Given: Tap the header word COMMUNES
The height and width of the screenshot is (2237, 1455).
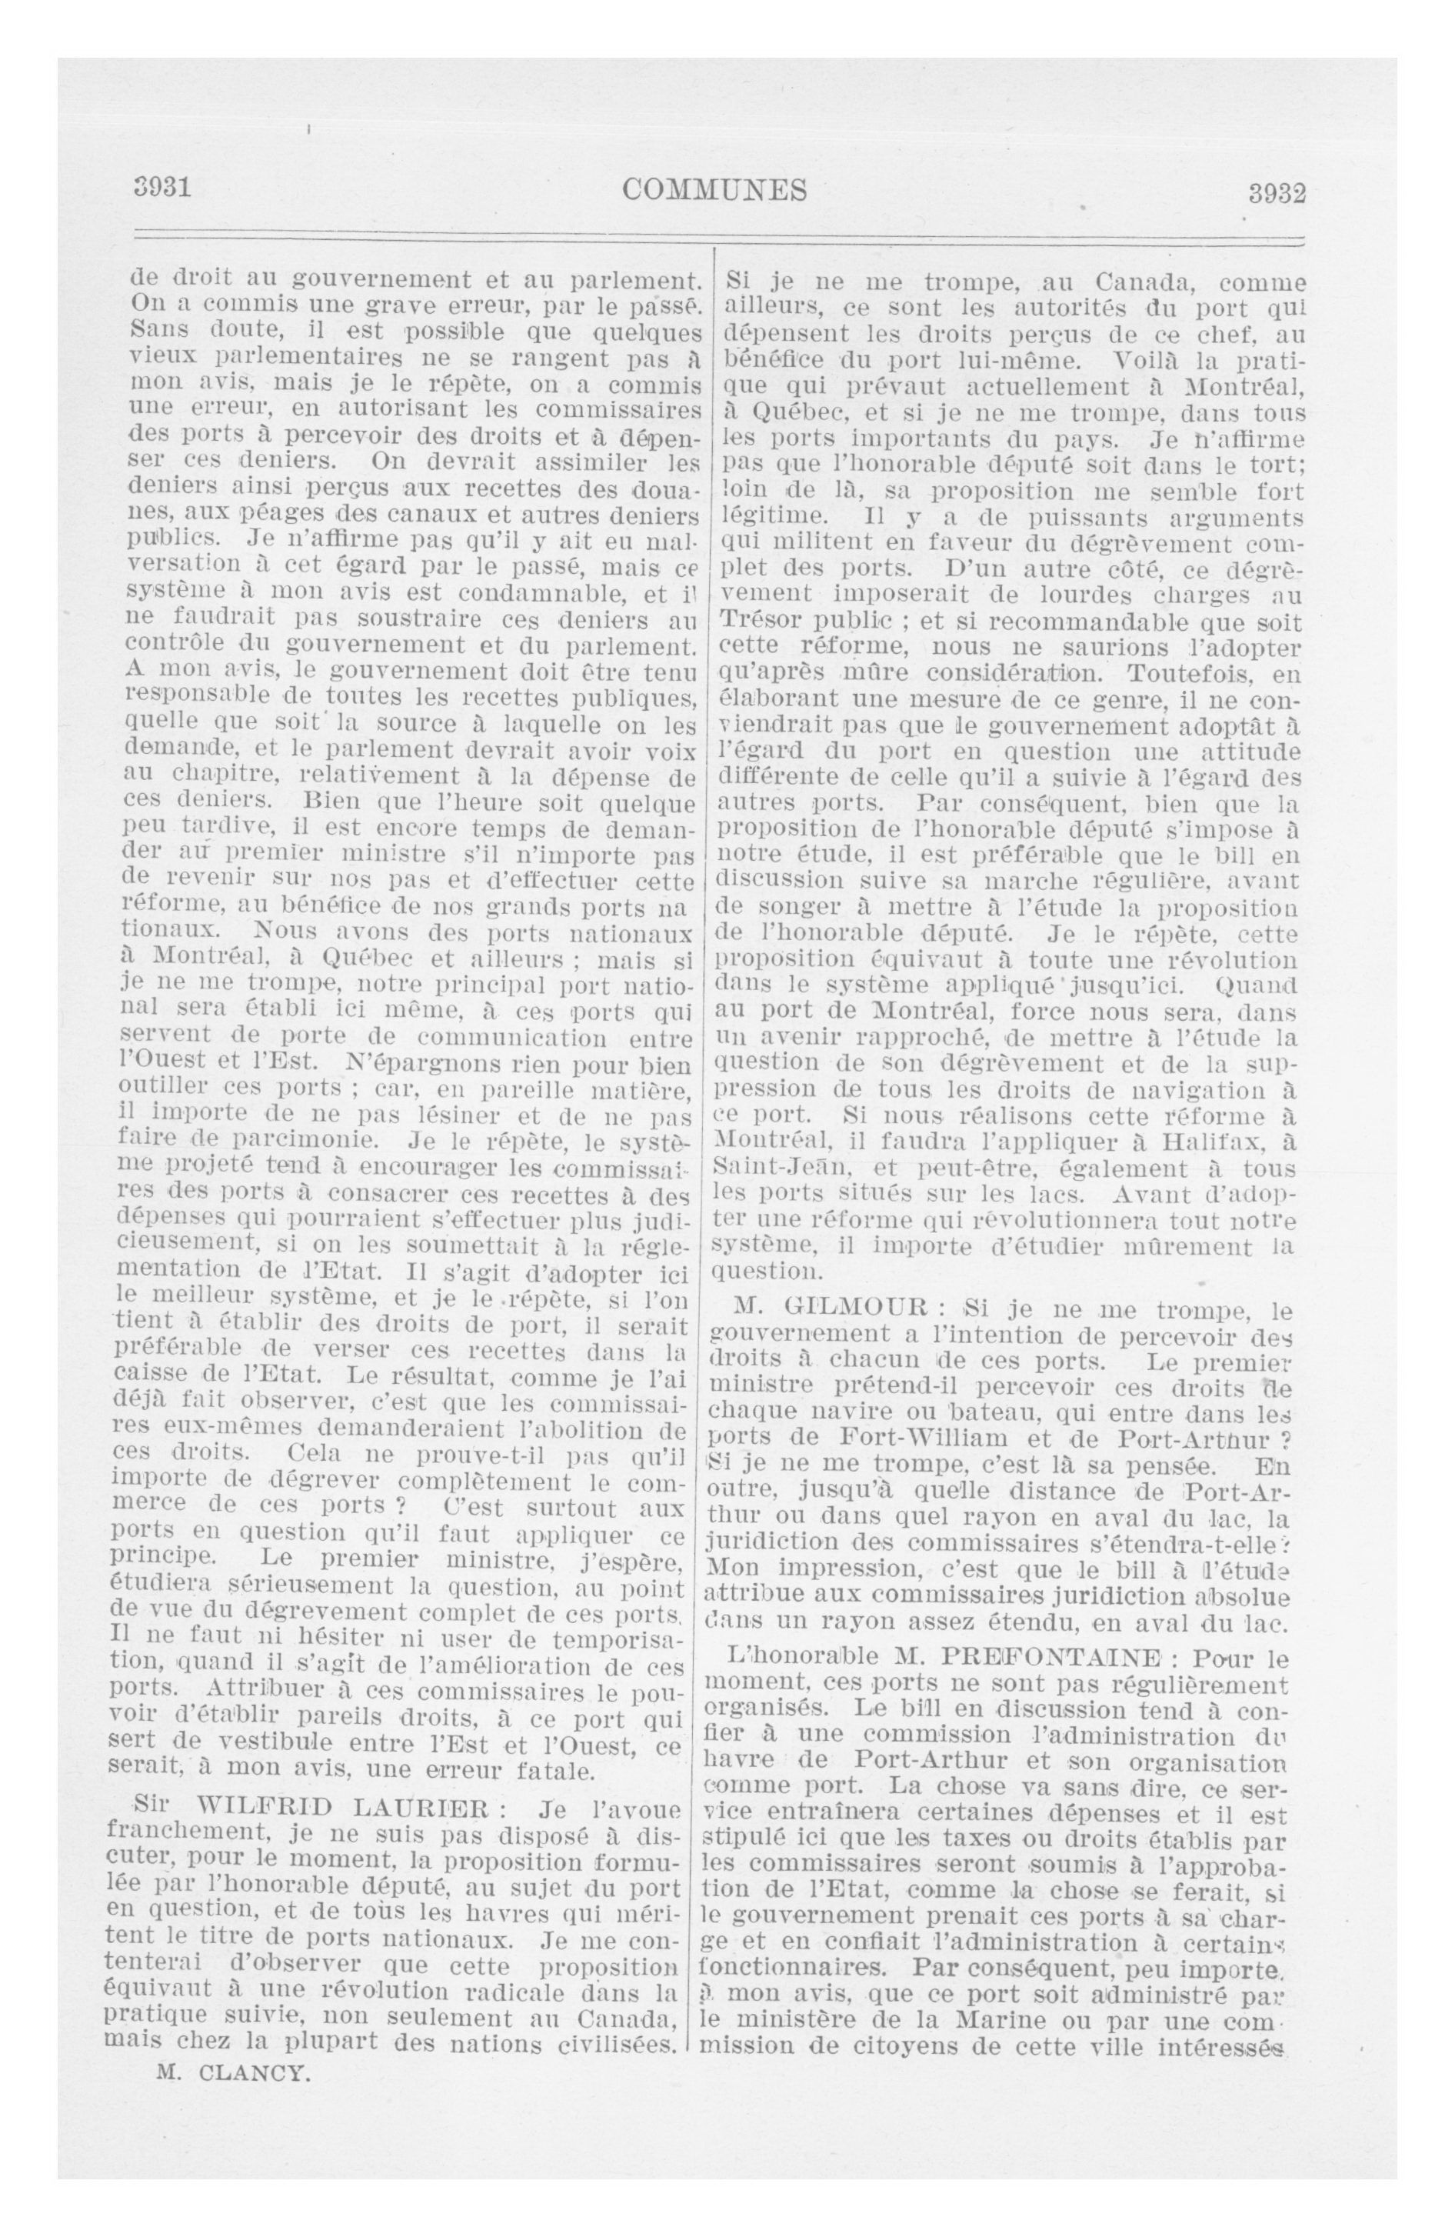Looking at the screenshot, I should [x=714, y=190].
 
